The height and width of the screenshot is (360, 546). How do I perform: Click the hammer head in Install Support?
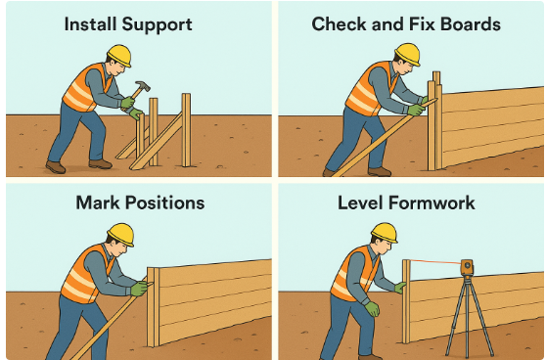143,86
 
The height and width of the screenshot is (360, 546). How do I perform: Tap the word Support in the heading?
157,25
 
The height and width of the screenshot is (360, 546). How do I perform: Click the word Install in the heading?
91,24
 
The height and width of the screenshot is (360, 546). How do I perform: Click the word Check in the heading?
340,24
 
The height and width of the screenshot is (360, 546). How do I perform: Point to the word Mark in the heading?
98,202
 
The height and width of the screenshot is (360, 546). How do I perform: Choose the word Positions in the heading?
164,202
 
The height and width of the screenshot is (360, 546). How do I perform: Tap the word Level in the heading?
360,202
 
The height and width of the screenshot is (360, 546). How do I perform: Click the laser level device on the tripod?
467,267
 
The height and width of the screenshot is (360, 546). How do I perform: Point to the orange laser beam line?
435,261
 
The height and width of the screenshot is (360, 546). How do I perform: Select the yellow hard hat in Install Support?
119,55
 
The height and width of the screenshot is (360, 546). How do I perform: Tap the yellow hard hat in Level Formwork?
385,233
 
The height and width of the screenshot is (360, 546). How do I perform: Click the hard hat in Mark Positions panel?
120,234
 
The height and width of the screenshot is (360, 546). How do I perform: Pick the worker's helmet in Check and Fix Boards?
407,54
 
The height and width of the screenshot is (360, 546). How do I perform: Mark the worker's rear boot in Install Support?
55,166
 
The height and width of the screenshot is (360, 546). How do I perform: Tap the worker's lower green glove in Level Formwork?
372,309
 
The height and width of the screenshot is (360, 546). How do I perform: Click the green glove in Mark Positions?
140,288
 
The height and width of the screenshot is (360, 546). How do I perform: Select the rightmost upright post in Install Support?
186,130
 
